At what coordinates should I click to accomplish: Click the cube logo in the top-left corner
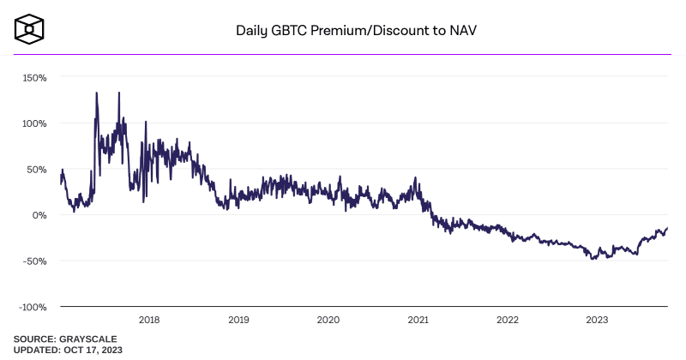29,29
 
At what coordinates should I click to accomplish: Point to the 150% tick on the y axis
34,78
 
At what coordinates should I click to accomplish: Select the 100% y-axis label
34,123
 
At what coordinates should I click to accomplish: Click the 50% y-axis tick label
37,170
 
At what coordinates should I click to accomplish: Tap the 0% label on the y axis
39,215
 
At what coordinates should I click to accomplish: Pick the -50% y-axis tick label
35,261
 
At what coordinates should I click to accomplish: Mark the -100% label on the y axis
33,307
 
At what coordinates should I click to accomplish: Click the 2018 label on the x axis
149,320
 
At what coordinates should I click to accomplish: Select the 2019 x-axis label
239,320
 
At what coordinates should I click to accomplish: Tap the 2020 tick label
328,320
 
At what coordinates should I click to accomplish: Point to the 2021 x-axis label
418,320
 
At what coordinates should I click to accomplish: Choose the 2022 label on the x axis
508,320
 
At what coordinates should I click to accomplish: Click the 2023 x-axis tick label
597,320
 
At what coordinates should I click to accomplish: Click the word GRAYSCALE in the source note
88,339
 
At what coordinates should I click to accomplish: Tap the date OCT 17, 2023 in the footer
93,350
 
